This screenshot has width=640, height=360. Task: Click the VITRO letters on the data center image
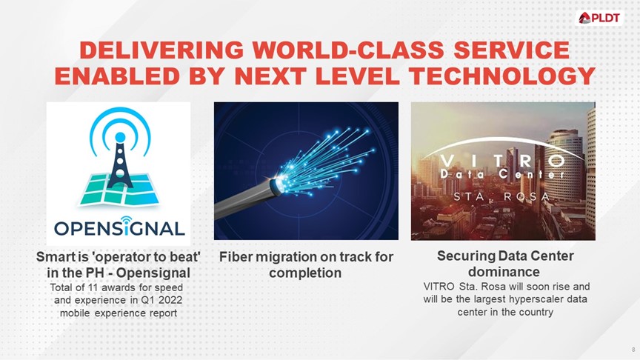point(504,159)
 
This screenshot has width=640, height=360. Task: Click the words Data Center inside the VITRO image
point(503,175)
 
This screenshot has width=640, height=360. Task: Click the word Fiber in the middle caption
point(237,257)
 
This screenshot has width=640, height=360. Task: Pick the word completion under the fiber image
point(305,273)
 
